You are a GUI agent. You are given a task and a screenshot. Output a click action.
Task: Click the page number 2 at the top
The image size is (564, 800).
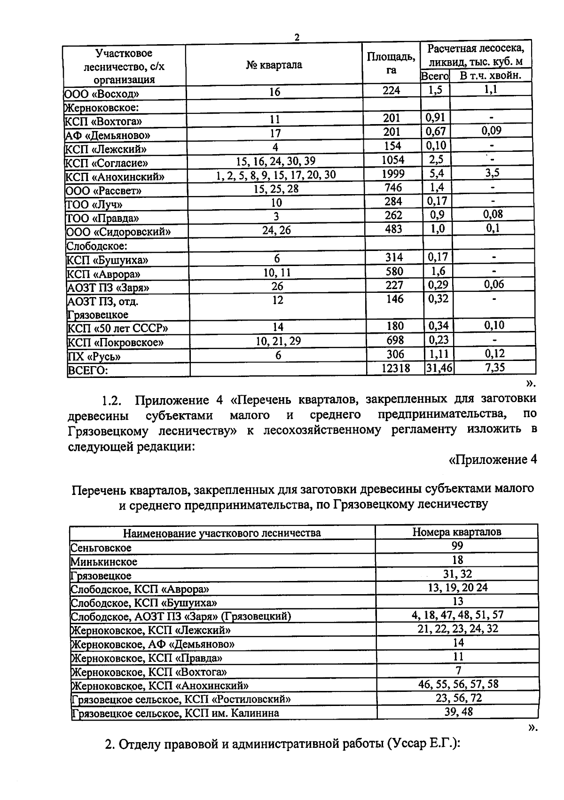click(x=297, y=37)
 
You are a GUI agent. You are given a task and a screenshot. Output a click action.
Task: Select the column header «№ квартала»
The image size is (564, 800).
click(x=274, y=65)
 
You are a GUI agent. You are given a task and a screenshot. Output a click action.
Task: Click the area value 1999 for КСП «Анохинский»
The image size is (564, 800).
click(x=392, y=174)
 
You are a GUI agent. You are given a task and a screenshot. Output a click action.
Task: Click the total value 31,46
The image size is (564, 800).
click(x=439, y=368)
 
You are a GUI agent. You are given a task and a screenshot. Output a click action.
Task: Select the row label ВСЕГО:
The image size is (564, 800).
click(x=88, y=370)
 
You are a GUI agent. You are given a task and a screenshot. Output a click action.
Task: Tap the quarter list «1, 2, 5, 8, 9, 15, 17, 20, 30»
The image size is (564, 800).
click(x=276, y=175)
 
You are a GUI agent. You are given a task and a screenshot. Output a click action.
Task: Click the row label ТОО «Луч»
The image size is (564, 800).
click(x=94, y=204)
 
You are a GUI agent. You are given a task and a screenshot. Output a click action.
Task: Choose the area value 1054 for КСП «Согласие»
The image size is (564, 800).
click(x=392, y=160)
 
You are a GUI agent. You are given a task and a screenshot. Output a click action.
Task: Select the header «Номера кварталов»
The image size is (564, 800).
click(x=456, y=532)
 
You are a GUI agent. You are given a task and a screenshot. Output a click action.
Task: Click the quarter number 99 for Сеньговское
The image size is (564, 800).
click(x=457, y=545)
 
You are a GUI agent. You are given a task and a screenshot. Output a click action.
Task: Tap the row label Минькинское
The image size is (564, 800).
click(x=104, y=562)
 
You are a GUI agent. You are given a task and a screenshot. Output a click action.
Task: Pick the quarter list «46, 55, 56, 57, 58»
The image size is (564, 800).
click(x=458, y=684)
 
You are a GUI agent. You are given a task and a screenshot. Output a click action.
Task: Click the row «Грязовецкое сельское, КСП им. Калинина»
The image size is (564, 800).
click(x=175, y=713)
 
